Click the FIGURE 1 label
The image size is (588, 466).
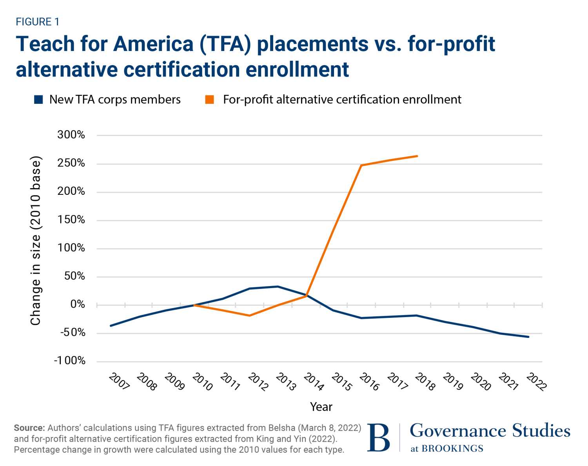[38, 22]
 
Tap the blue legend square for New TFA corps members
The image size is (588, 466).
[38, 100]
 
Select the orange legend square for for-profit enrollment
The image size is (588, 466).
[210, 100]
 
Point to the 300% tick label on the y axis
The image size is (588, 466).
[71, 135]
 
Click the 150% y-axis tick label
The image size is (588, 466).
[71, 219]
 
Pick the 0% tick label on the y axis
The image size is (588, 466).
[77, 304]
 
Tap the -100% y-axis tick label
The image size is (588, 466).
[69, 361]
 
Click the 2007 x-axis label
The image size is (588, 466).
[119, 381]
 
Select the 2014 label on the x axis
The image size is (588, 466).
[314, 381]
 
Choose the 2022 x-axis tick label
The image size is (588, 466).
[536, 381]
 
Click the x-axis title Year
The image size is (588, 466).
[321, 407]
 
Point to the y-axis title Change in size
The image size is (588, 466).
[36, 241]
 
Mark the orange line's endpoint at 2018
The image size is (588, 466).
[417, 156]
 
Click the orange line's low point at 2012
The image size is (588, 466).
[250, 316]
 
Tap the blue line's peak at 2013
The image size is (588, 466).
[278, 286]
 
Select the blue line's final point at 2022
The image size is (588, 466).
[528, 337]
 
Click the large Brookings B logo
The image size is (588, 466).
[379, 437]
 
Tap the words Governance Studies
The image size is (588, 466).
[490, 431]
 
